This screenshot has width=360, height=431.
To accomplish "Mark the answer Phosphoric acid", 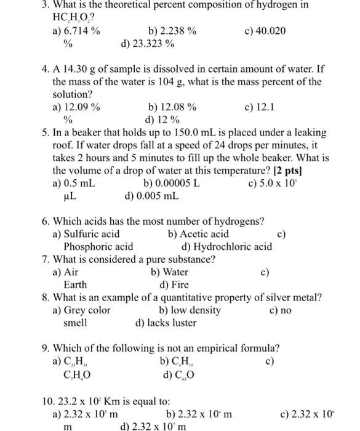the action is (98, 247).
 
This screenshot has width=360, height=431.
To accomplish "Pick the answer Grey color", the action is (86, 310).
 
